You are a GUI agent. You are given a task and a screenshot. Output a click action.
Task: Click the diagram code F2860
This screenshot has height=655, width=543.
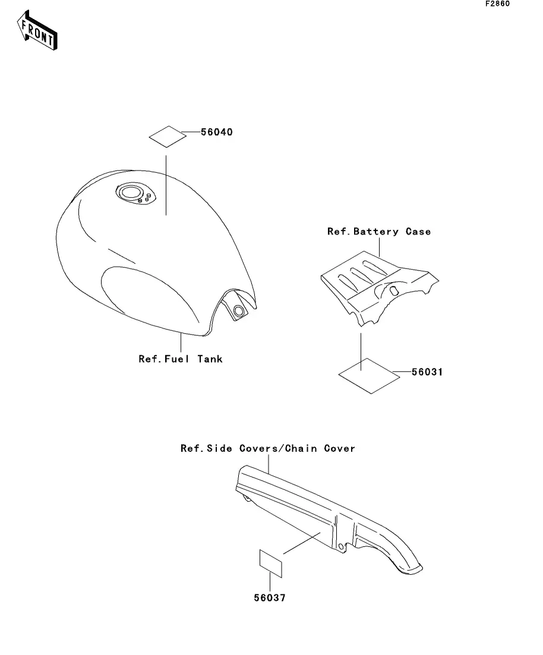pos(497,4)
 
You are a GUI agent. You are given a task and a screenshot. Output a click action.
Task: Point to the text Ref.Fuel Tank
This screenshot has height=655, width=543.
pos(180,359)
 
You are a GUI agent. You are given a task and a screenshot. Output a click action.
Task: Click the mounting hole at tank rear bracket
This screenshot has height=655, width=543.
pos(239,311)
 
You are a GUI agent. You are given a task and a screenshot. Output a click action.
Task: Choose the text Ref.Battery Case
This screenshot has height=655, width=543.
pos(378,231)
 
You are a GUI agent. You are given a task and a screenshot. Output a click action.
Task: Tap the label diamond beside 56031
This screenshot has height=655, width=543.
pos(368,375)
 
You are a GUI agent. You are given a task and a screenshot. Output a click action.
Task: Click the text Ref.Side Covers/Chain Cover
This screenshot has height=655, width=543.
pos(267,448)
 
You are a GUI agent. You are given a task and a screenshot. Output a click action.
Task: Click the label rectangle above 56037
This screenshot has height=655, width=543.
pos(270,563)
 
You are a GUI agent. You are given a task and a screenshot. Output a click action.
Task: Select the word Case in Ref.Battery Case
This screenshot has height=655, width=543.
pos(418,231)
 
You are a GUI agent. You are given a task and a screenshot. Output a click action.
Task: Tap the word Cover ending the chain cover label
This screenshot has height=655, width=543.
pos(339,448)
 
